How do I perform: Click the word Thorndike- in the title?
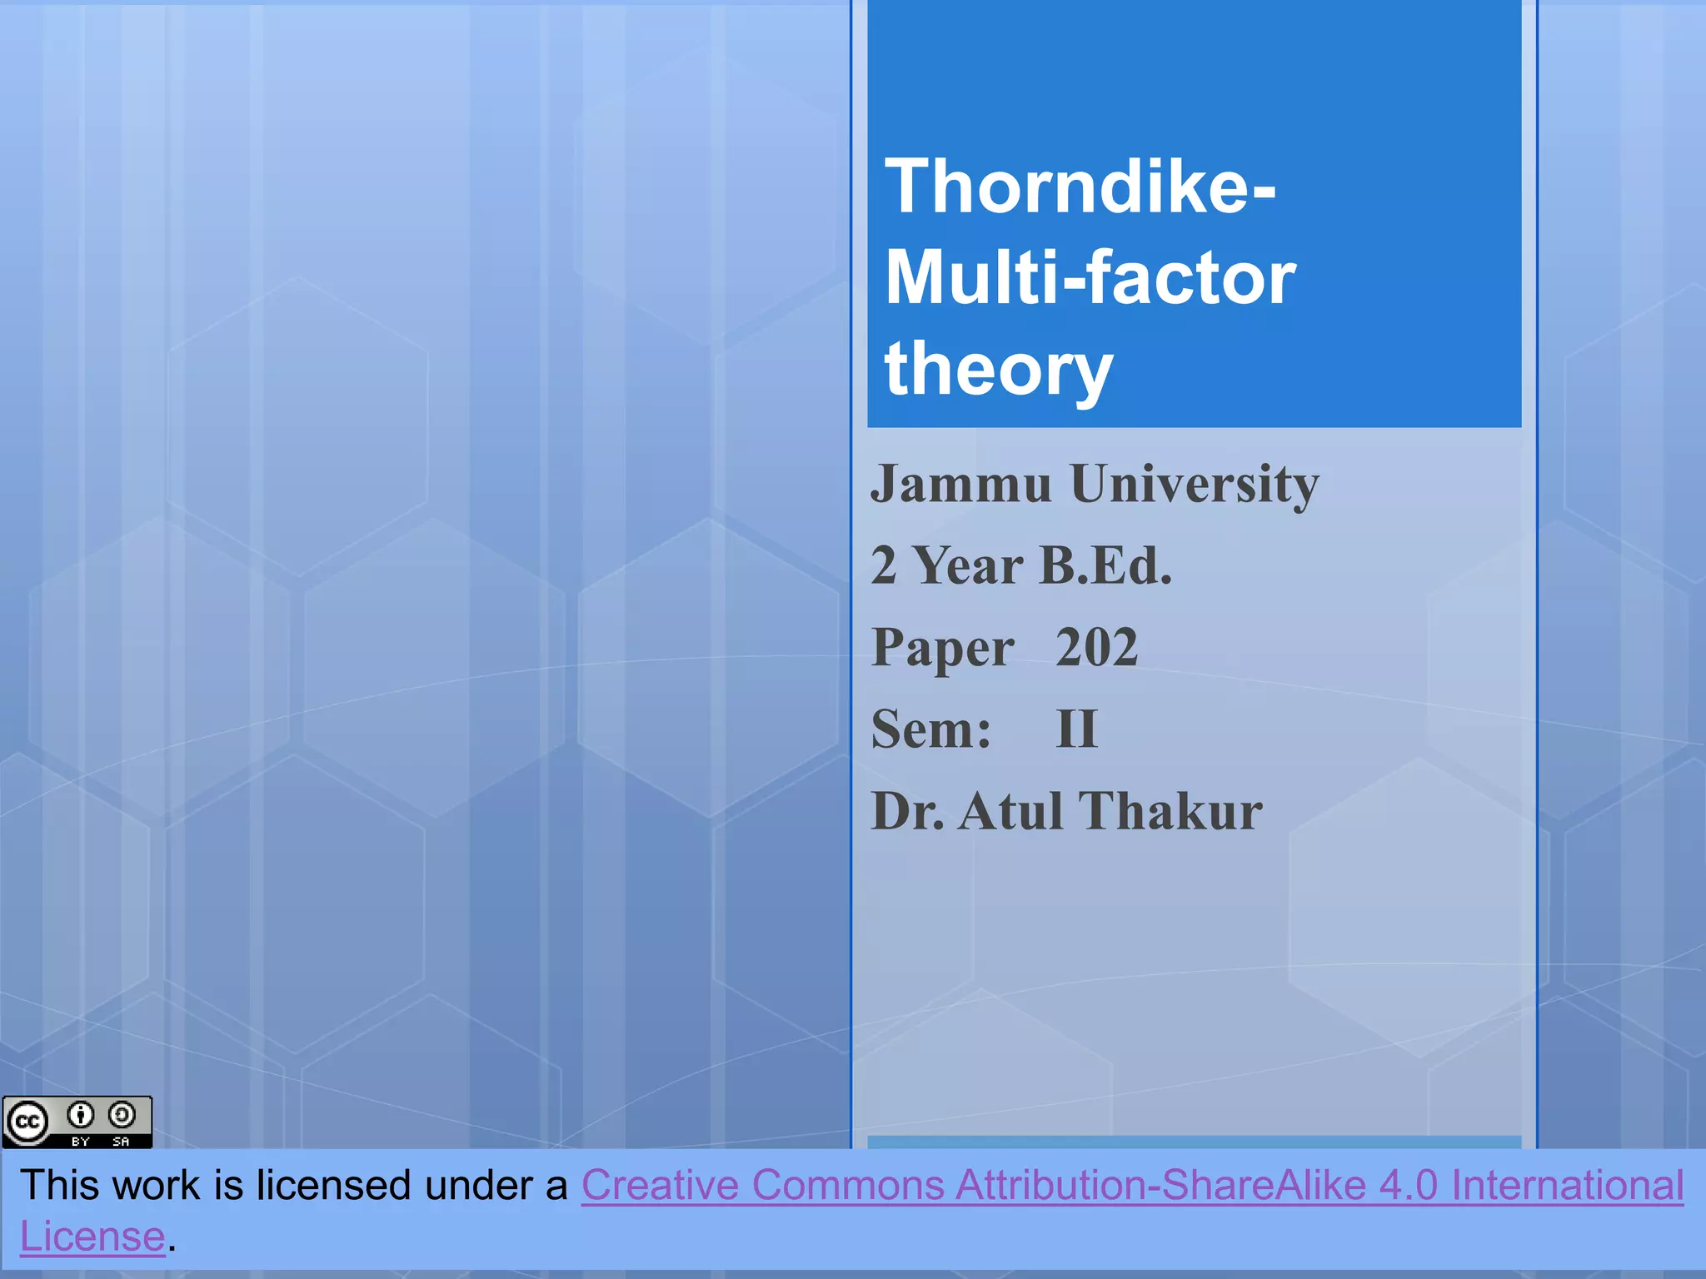click(x=1080, y=187)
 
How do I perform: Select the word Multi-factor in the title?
click(x=1090, y=278)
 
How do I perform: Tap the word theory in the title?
click(x=998, y=370)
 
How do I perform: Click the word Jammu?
click(x=960, y=484)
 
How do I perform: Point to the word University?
click(x=1195, y=484)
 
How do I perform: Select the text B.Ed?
click(x=1105, y=566)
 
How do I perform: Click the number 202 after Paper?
click(x=1096, y=648)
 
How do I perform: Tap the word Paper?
click(x=942, y=648)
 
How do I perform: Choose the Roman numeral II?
click(x=1076, y=729)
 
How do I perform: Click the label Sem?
click(x=931, y=729)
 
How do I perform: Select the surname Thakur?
click(x=1170, y=811)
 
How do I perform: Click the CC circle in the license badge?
click(x=27, y=1122)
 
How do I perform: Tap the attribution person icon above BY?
click(x=81, y=1114)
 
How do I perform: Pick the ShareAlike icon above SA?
click(x=122, y=1114)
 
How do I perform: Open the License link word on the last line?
click(x=92, y=1237)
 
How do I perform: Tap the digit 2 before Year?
click(x=883, y=566)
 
